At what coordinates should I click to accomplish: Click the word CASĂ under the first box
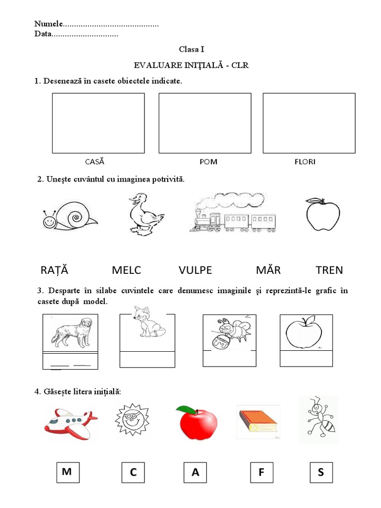pyautogui.click(x=95, y=161)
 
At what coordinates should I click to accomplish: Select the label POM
pyautogui.click(x=208, y=161)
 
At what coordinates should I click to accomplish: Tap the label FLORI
pyautogui.click(x=305, y=161)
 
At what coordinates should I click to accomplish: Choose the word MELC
pyautogui.click(x=127, y=270)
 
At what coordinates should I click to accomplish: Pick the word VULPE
pyautogui.click(x=195, y=270)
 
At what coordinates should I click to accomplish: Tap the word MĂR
pyautogui.click(x=268, y=270)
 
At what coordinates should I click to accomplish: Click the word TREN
pyautogui.click(x=329, y=270)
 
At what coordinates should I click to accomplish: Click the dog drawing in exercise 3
pyautogui.click(x=71, y=333)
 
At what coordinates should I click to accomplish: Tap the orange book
pyautogui.click(x=257, y=421)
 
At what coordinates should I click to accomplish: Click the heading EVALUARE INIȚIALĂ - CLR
pyautogui.click(x=191, y=65)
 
